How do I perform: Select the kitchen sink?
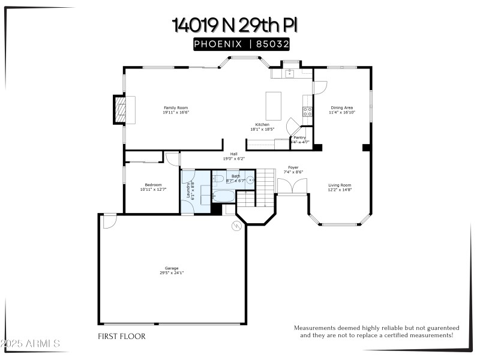coord(289,74)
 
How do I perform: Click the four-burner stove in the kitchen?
coord(307,110)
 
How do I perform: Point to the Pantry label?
coord(299,137)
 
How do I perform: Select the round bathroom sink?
coord(249,179)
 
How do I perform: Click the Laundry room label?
coord(188,191)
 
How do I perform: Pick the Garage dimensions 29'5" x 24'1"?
coord(172,272)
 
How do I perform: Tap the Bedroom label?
coord(153,184)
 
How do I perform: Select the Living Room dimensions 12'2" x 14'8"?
coord(340,190)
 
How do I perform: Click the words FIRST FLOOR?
coord(121,337)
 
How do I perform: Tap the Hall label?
coord(234,154)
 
